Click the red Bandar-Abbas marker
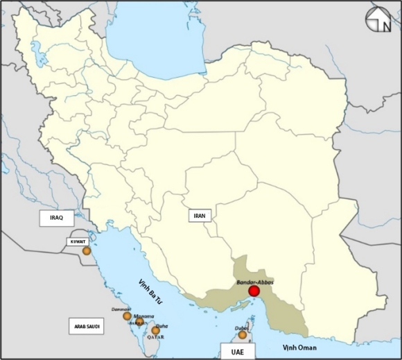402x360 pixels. click(x=254, y=291)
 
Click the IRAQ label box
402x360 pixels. click(x=56, y=218)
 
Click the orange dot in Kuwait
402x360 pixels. click(x=87, y=251)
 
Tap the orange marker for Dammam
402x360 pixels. click(x=127, y=316)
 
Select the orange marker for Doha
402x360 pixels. click(x=155, y=331)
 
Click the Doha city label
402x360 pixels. click(x=161, y=325)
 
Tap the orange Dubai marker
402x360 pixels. click(x=242, y=335)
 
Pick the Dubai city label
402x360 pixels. click(x=241, y=327)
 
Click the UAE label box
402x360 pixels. click(x=231, y=352)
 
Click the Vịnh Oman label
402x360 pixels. click(x=298, y=347)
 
